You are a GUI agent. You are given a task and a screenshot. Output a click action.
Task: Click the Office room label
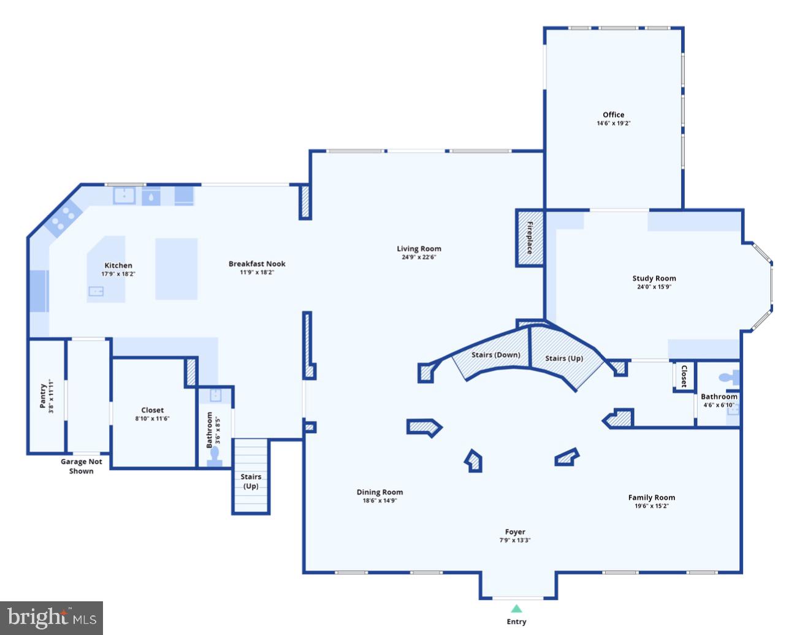tap(613, 115)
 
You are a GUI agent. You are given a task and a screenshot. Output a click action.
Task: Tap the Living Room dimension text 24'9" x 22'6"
tap(419, 257)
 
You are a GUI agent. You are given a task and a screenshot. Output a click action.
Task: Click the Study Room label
tap(654, 278)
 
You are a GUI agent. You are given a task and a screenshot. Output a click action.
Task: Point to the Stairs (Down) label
tap(495, 355)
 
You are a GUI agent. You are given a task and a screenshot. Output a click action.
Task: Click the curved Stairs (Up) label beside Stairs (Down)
tap(564, 359)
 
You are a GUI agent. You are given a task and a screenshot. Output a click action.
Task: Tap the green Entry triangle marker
tap(516, 609)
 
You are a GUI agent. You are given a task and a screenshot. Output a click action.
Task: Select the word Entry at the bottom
tap(516, 622)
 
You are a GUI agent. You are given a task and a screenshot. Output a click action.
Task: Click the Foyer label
tap(515, 532)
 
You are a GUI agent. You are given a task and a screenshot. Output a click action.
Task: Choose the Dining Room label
tap(379, 492)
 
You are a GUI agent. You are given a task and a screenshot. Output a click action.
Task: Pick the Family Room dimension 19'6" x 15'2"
tap(651, 506)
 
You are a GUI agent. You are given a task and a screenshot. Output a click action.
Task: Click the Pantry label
tap(42, 397)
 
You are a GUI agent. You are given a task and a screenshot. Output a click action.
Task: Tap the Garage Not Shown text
tap(81, 466)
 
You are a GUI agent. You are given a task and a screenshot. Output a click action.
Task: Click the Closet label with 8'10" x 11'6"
tap(152, 410)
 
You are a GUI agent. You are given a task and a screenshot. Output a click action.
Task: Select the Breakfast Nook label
tap(257, 264)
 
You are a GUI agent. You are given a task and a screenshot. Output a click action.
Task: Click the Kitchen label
tap(118, 265)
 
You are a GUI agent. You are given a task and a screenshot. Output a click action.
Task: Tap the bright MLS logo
tap(51, 617)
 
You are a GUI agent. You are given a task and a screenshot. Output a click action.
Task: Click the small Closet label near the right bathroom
tap(684, 376)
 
